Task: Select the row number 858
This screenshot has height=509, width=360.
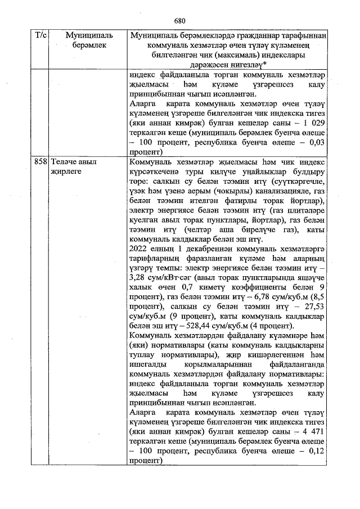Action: click(40, 161)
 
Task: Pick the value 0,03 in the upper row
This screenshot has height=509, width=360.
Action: click(317, 143)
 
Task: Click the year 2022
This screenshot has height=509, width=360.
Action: click(139, 249)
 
